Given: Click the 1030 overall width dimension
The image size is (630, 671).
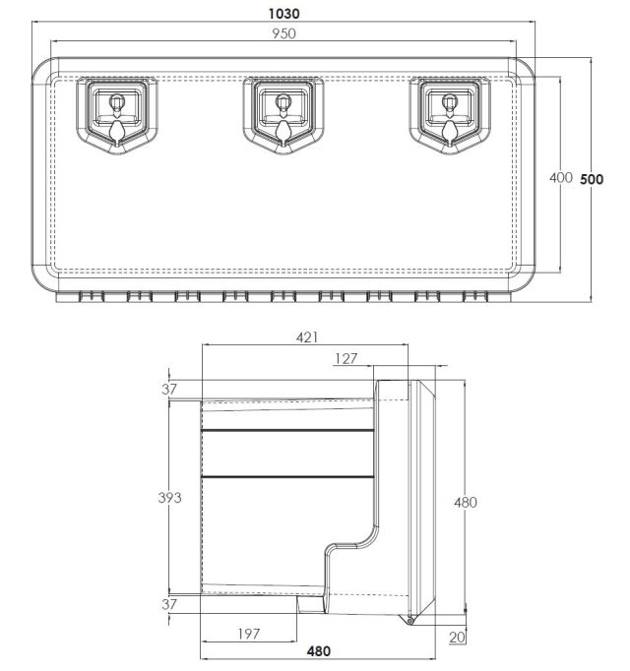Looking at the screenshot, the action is point(283,14).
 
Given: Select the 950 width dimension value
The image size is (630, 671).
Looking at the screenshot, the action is point(283,33).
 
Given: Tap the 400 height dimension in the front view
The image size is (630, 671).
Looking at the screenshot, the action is point(561,177).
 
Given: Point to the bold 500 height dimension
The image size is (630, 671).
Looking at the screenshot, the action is point(592,179).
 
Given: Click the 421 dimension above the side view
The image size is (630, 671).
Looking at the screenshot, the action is point(307,337).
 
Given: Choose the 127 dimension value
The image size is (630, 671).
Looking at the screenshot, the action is point(346,358).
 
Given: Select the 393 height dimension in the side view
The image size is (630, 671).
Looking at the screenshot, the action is point(169,497).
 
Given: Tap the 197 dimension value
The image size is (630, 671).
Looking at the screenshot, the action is point(249,634).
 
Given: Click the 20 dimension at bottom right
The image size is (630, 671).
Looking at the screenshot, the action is point(457,638).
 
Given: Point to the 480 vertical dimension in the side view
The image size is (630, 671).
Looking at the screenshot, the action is point(465,502).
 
